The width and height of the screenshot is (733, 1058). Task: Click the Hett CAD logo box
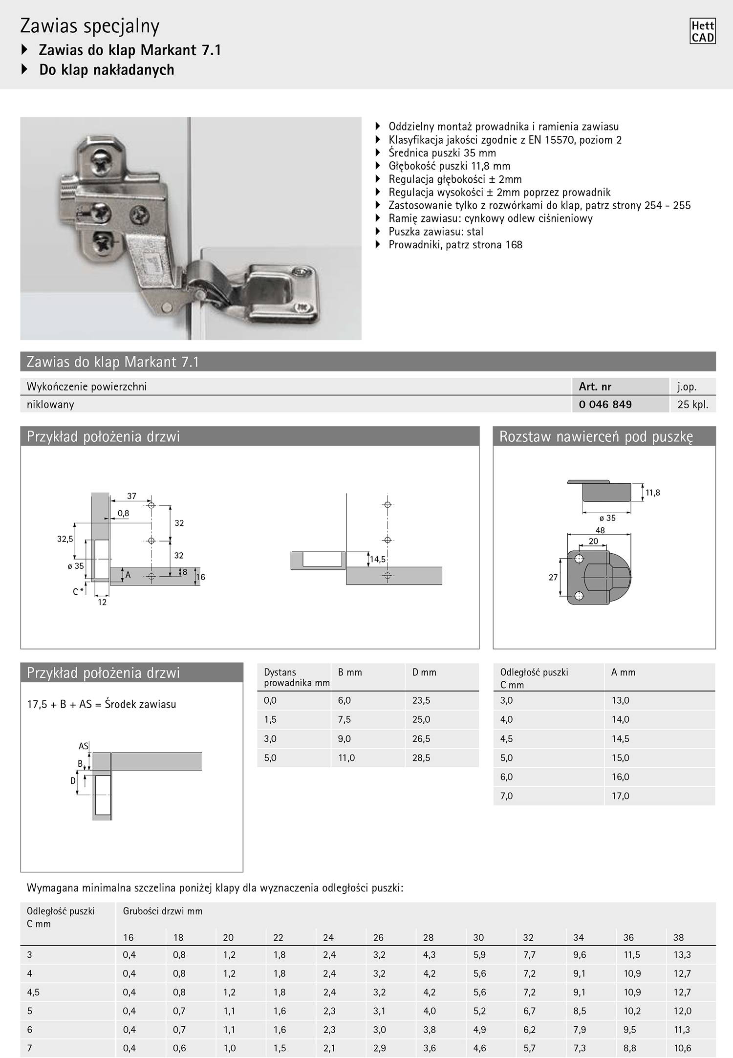703,31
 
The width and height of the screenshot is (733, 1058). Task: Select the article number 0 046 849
605,404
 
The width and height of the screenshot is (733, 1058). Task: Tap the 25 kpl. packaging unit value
692,404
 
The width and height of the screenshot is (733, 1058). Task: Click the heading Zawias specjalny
90,26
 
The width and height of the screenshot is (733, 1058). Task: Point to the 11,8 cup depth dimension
652,493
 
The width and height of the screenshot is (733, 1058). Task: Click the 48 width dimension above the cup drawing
600,530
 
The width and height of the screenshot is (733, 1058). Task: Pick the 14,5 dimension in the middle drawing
377,559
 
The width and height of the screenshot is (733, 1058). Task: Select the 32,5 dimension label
65,540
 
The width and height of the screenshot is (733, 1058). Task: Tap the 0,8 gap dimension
123,514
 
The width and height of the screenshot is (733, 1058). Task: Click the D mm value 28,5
421,758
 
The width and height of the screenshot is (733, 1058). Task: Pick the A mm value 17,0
620,796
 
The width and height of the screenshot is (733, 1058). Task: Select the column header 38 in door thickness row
678,937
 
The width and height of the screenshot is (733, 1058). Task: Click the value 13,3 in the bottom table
682,954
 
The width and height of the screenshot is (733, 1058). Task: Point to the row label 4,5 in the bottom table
34,992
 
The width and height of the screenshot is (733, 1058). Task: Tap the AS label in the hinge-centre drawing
84,746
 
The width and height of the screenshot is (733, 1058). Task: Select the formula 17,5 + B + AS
101,704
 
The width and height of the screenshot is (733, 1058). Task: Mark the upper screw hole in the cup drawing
579,559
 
